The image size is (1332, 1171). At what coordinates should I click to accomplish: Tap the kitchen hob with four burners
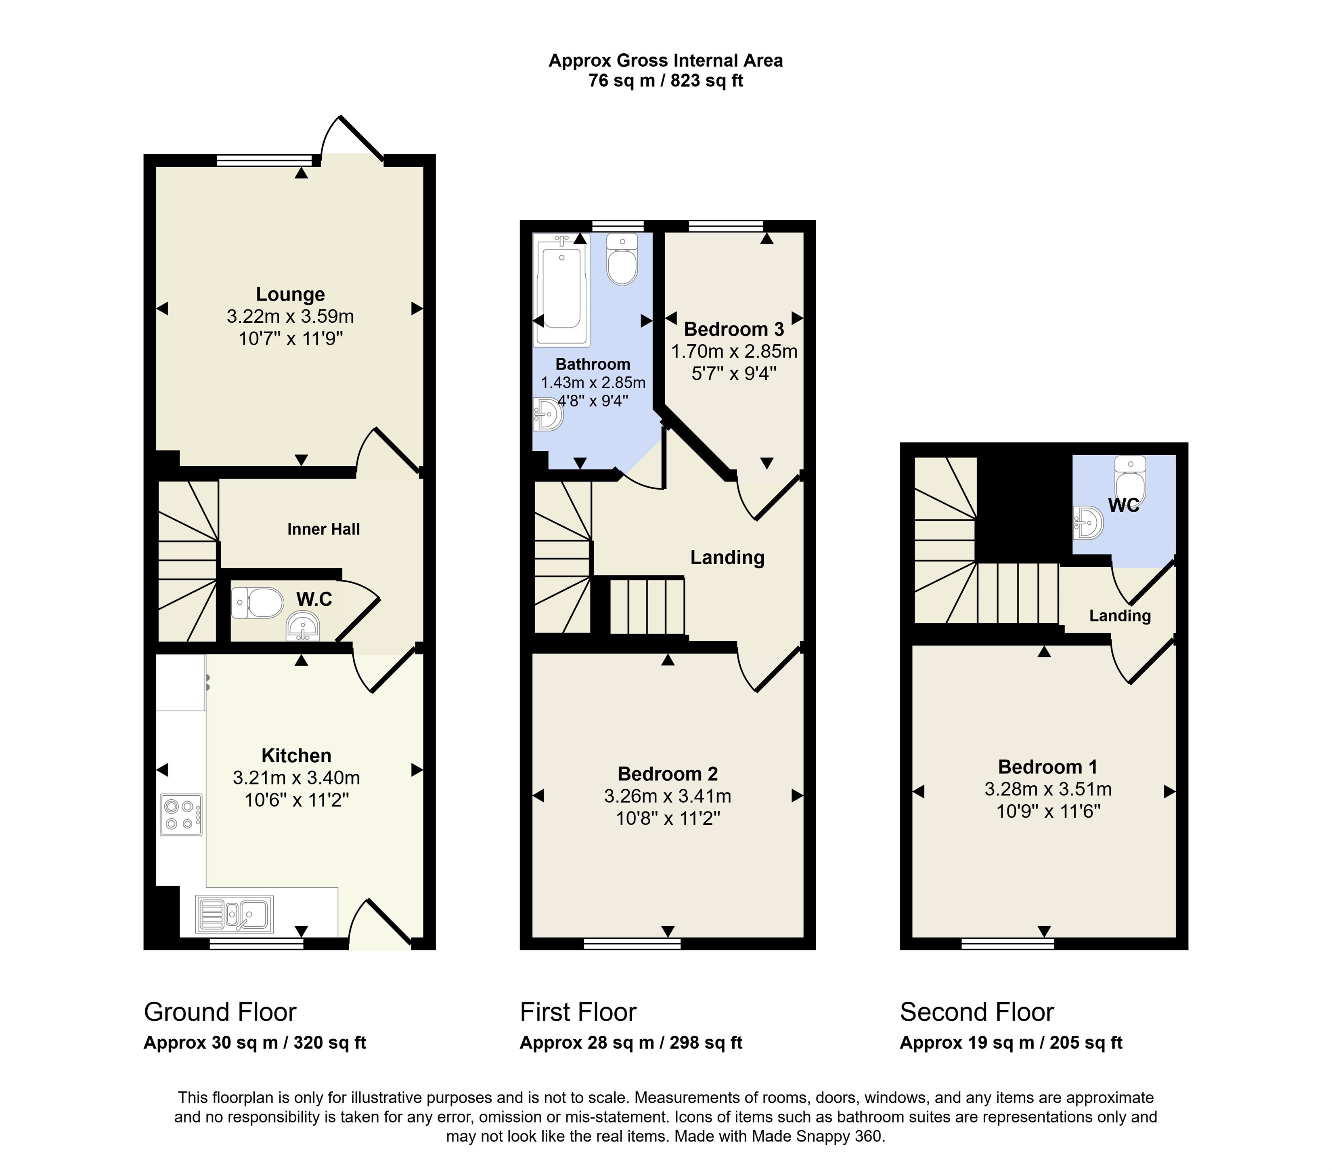[181, 815]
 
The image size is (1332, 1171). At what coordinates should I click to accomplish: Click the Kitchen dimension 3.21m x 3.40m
[297, 778]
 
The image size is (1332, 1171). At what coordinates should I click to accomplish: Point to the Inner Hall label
[324, 530]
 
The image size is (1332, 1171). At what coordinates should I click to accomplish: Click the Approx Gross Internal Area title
[665, 61]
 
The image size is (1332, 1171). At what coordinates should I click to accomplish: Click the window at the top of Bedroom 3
[727, 226]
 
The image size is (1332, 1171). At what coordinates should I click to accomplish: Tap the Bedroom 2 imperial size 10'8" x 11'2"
[668, 818]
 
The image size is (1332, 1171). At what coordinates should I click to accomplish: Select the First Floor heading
[578, 1013]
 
